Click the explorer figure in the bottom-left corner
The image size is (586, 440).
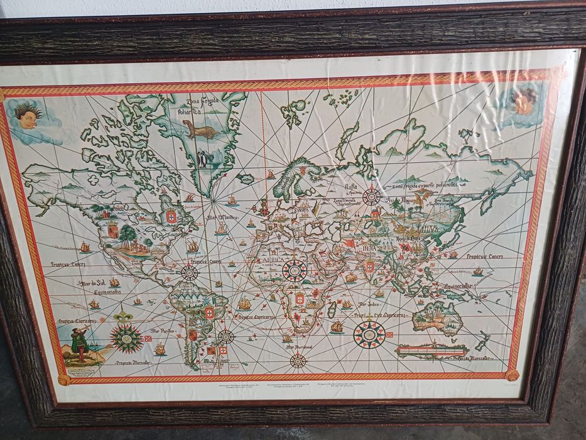click(79, 343)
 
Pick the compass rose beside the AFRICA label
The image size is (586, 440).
click(294, 270)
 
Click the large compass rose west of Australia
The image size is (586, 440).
click(369, 334)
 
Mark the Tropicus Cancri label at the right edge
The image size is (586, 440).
click(484, 256)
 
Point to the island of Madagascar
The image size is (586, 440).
click(332, 308)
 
